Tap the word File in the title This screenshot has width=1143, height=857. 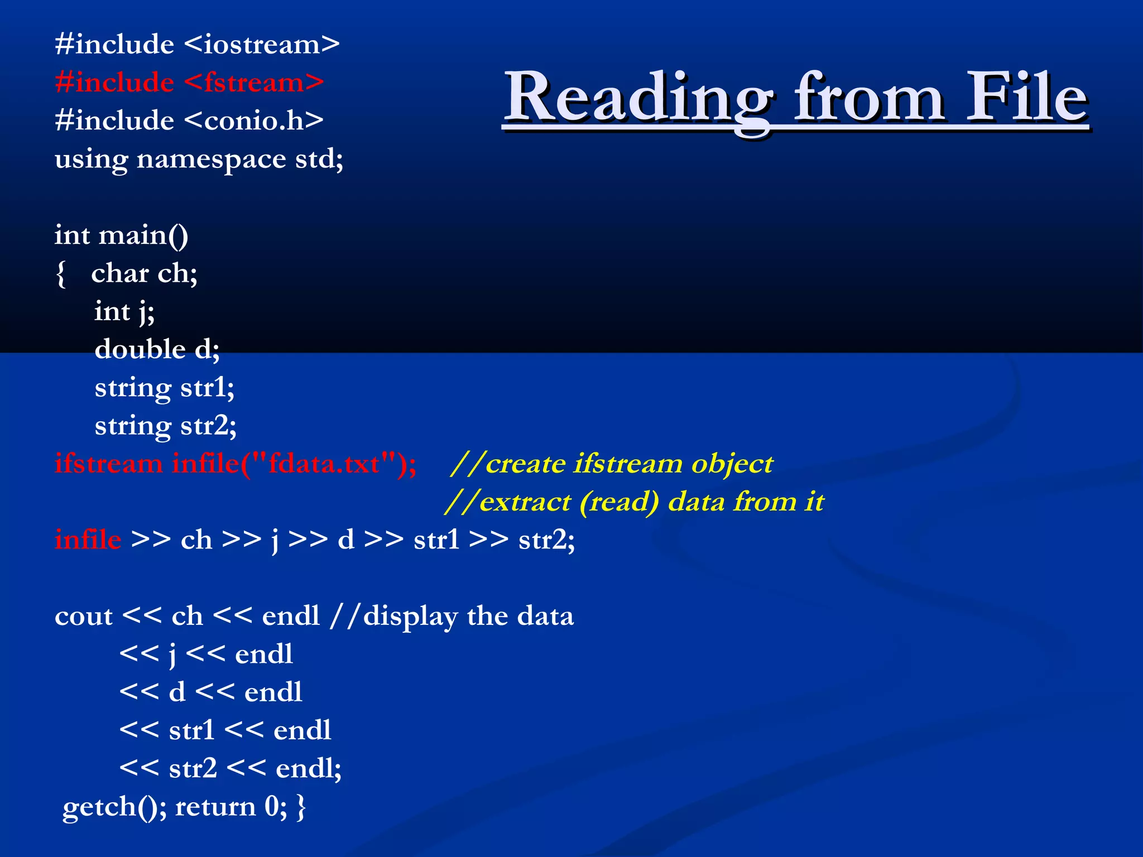(x=1027, y=97)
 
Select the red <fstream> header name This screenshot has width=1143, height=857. (x=253, y=83)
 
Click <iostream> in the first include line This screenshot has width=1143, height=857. (x=261, y=45)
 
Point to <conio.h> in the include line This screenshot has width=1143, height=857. (x=253, y=121)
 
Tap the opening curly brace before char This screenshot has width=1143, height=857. (x=61, y=274)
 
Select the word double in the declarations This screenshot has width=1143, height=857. (x=140, y=350)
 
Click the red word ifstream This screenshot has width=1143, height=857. (x=109, y=464)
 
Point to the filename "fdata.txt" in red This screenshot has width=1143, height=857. (x=324, y=464)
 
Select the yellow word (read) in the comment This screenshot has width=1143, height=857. (x=619, y=502)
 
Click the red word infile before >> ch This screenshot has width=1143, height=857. (x=88, y=540)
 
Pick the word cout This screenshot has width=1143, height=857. (x=84, y=617)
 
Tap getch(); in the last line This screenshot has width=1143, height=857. (x=114, y=807)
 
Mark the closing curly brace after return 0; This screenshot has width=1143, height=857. (x=301, y=807)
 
